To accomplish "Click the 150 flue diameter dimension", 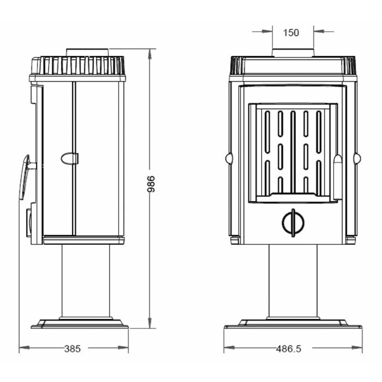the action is (291, 33).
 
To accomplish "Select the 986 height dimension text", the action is (151, 184).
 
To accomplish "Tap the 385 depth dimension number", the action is (72, 349).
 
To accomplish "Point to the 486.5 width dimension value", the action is (289, 349).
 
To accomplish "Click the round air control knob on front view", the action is (293, 222).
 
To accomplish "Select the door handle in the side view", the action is (25, 177).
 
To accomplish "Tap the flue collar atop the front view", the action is (293, 53).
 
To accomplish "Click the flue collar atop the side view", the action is (87, 52).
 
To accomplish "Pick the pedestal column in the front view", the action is (293, 281).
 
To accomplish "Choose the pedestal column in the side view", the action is (86, 281).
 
